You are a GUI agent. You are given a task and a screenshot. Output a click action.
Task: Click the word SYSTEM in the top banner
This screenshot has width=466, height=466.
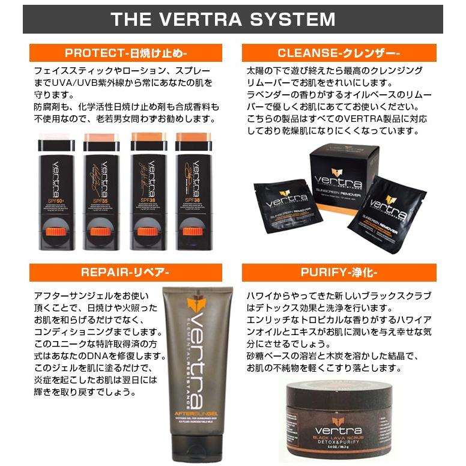[x=294, y=19]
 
